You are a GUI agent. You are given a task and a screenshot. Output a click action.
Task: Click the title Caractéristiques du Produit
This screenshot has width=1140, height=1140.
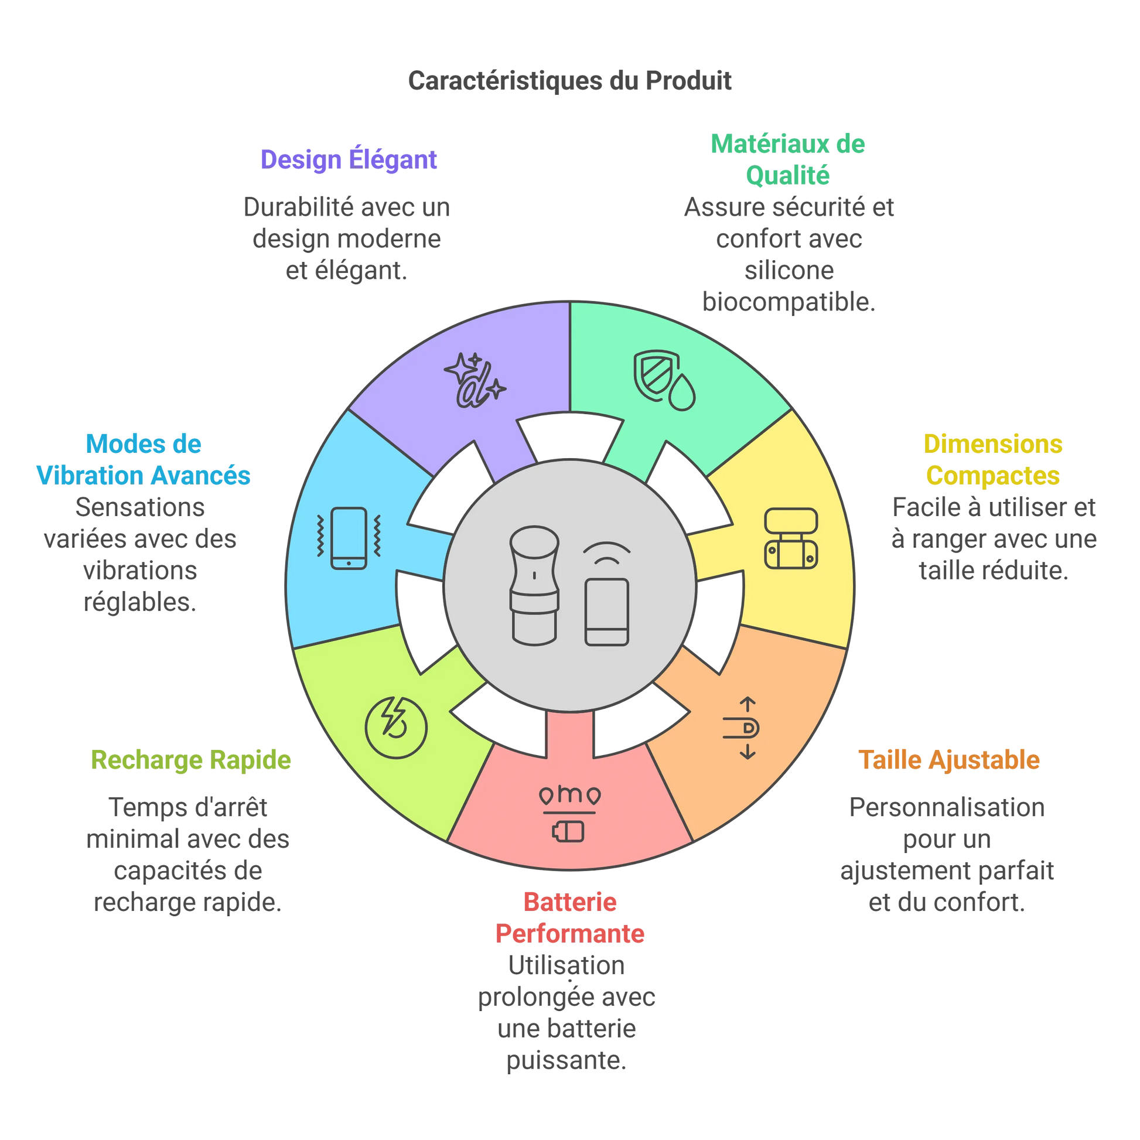coord(569,81)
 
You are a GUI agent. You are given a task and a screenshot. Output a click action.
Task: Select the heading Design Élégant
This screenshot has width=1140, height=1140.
coord(348,160)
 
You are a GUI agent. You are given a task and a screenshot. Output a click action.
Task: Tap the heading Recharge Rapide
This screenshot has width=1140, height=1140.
coord(190,760)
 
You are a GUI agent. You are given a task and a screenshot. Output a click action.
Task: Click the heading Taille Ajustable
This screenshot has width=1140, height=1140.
coord(948,760)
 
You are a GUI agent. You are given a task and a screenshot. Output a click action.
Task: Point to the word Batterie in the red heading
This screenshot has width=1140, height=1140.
coord(570,902)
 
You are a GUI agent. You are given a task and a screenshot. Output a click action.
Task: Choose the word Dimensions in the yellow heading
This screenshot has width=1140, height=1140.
coord(993,444)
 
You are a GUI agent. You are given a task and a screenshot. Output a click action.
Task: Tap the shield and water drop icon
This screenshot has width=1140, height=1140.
coord(664,381)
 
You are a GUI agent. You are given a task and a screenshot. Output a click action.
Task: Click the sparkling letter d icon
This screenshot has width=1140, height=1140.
coord(474,381)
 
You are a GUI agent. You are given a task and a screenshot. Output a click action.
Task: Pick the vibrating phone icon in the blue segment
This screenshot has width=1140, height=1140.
coord(349,538)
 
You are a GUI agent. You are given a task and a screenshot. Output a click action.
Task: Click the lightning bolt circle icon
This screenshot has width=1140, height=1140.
coord(395,726)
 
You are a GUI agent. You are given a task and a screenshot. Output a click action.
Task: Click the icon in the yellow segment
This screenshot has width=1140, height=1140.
coord(791,538)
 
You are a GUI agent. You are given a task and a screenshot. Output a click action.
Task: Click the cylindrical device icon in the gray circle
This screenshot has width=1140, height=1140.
coord(534,585)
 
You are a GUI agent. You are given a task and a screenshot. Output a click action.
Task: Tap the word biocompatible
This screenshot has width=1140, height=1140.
coord(789,302)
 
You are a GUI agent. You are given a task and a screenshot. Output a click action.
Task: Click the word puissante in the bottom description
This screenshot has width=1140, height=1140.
coord(566,1060)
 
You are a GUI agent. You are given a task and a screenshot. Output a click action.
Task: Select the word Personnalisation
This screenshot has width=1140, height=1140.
coord(947,807)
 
